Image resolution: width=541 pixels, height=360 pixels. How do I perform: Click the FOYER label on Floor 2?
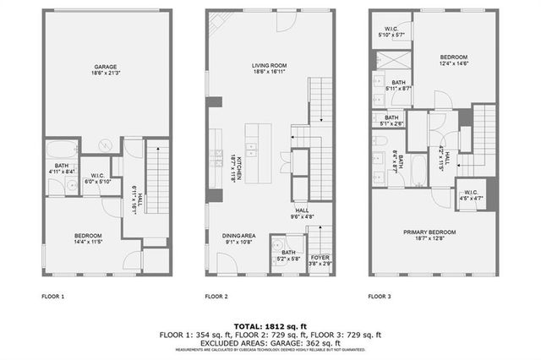tap(320, 260)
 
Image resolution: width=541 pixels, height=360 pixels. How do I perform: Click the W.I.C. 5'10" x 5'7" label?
tap(392, 30)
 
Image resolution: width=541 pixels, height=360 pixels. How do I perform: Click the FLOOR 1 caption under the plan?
tap(52, 297)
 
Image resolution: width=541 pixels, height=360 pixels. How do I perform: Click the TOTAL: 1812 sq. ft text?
tap(270, 325)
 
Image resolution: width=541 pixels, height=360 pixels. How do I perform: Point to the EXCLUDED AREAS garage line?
tap(270, 342)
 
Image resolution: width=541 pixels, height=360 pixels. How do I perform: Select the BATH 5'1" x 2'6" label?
tap(392, 120)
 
